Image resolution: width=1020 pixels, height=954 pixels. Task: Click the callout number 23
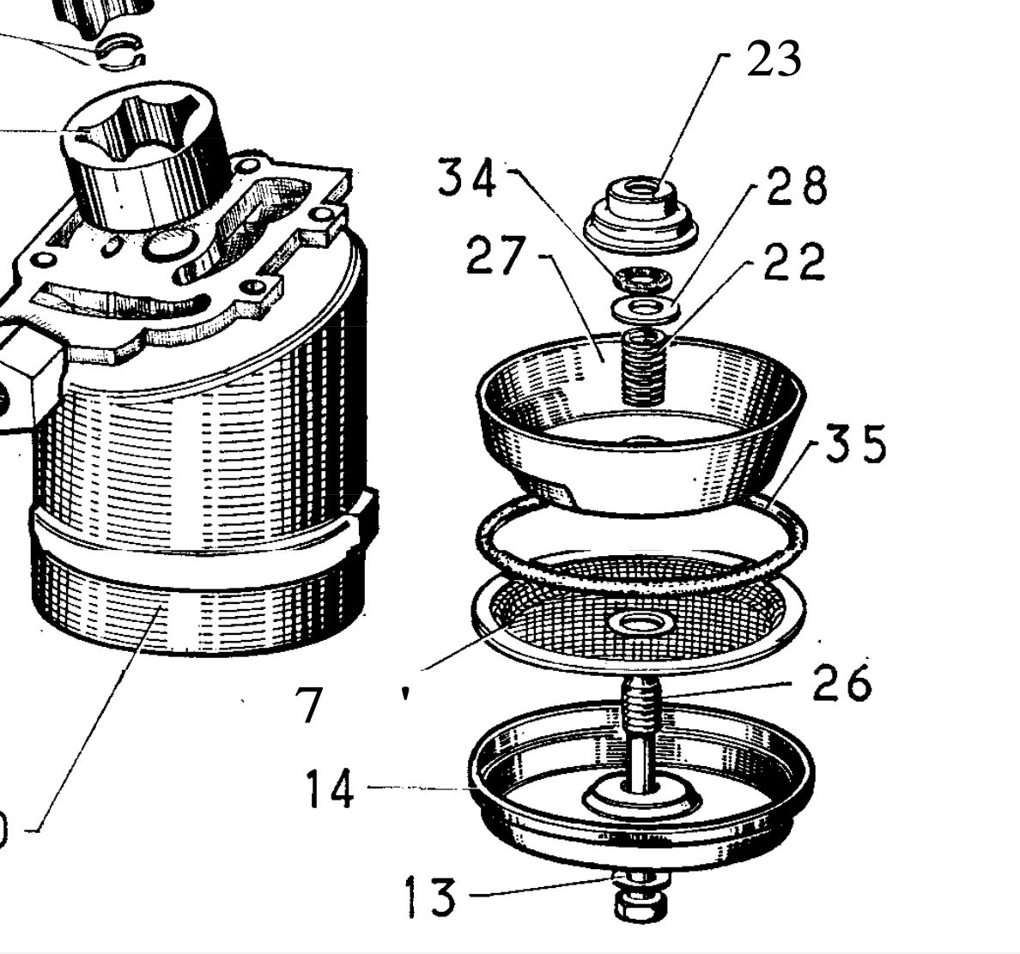(x=773, y=59)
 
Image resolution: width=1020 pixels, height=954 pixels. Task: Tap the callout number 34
(x=466, y=179)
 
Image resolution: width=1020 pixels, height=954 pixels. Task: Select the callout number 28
(x=796, y=184)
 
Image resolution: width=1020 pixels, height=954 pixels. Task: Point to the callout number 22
(x=793, y=262)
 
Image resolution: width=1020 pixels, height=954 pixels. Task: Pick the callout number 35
(x=855, y=444)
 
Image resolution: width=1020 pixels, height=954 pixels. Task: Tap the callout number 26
(x=841, y=683)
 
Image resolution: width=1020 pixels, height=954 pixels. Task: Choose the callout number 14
(x=330, y=788)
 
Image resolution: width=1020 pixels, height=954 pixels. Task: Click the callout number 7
(x=309, y=705)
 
